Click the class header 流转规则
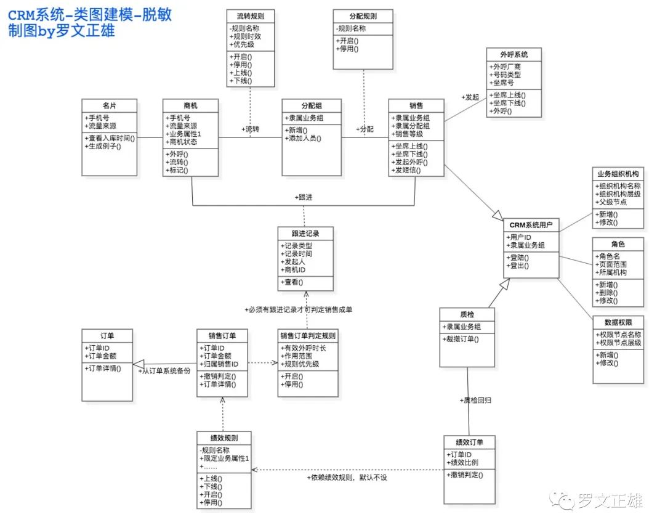click(251, 16)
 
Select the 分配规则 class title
click(363, 16)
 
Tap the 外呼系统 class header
click(514, 55)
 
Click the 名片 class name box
click(110, 105)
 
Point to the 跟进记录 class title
click(305, 234)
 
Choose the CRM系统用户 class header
click(531, 225)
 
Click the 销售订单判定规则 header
click(308, 336)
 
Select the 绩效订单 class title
click(469, 442)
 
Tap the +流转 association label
click(250, 129)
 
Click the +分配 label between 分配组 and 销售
click(365, 129)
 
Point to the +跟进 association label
click(304, 197)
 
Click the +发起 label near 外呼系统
click(470, 97)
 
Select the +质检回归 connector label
click(475, 400)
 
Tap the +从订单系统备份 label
click(164, 371)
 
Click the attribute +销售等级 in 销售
click(407, 134)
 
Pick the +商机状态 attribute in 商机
click(181, 142)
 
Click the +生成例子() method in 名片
click(103, 147)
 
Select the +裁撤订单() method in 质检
click(461, 339)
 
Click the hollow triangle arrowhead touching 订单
click(139, 364)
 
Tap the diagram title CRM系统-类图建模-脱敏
click(90, 15)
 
